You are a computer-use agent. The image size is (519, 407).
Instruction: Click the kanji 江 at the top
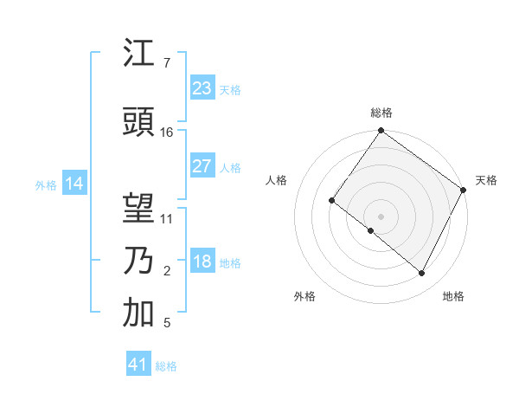pos(138,54)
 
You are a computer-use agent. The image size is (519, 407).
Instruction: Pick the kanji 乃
pos(138,261)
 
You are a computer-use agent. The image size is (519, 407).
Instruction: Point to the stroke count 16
pos(167,132)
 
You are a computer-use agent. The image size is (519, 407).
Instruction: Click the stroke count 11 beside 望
pos(167,219)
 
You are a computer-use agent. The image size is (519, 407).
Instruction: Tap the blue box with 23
pos(202,88)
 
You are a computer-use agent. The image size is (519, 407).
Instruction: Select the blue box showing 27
pos(202,166)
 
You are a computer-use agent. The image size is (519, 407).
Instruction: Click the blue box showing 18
pos(202,262)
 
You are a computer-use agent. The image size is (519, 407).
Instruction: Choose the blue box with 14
pos(74,184)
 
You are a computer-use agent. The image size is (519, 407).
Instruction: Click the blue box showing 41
pos(138,365)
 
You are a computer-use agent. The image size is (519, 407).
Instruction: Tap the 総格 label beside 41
pos(166,366)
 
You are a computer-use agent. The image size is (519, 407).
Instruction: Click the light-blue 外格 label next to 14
pos(46,184)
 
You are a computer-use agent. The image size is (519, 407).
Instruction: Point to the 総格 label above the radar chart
pos(381,113)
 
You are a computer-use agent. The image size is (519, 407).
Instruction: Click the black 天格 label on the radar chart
pos(486,180)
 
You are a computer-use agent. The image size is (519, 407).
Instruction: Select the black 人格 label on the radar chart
pos(276,180)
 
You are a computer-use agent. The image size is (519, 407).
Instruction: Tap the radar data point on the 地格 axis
pos(422,274)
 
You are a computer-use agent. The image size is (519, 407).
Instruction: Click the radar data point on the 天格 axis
pos(464,190)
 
